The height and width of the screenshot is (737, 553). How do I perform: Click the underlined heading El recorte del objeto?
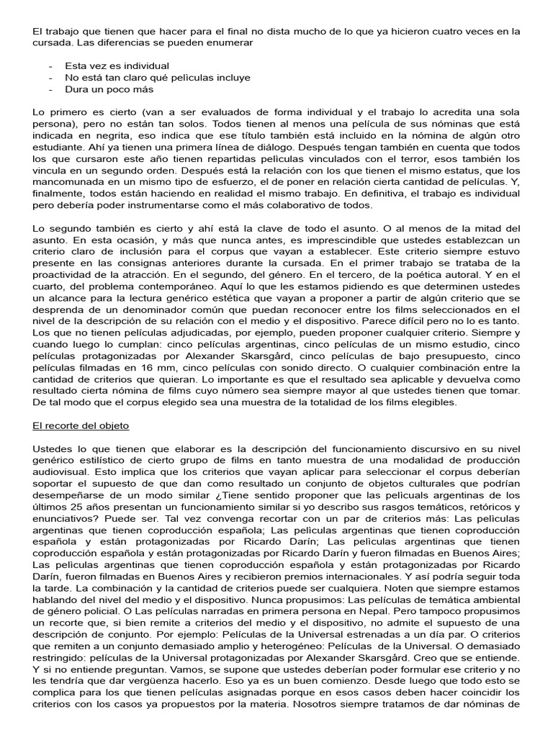[x=81, y=425]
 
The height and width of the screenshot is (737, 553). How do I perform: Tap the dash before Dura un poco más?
[x=50, y=89]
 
